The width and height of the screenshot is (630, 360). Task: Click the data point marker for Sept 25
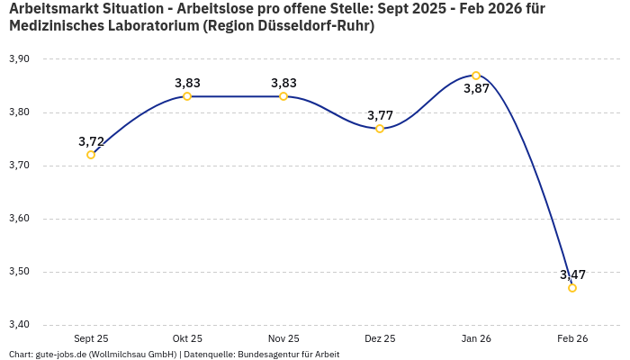pyautogui.click(x=91, y=155)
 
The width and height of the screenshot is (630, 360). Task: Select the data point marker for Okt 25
pyautogui.click(x=187, y=96)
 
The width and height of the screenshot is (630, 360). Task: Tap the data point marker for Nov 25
pyautogui.click(x=283, y=96)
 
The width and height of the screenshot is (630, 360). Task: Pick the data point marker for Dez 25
pyautogui.click(x=380, y=129)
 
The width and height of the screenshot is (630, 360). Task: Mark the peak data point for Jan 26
pyautogui.click(x=476, y=76)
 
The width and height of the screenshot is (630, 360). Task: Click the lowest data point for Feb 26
pyautogui.click(x=572, y=288)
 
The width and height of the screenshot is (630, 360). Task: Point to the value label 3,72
pyautogui.click(x=91, y=141)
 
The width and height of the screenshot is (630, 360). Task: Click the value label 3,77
pyautogui.click(x=380, y=115)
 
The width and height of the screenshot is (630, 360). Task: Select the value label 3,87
pyautogui.click(x=476, y=89)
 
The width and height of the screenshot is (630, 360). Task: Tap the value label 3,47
pyautogui.click(x=572, y=274)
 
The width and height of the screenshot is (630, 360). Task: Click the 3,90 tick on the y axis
pyautogui.click(x=19, y=59)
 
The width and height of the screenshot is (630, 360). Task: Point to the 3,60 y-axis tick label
pyautogui.click(x=19, y=219)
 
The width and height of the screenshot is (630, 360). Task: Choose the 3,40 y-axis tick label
pyautogui.click(x=19, y=325)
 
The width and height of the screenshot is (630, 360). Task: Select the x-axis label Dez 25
pyautogui.click(x=380, y=339)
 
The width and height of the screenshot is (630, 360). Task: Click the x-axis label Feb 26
pyautogui.click(x=572, y=339)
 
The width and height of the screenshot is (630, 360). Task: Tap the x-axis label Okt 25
pyautogui.click(x=187, y=339)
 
